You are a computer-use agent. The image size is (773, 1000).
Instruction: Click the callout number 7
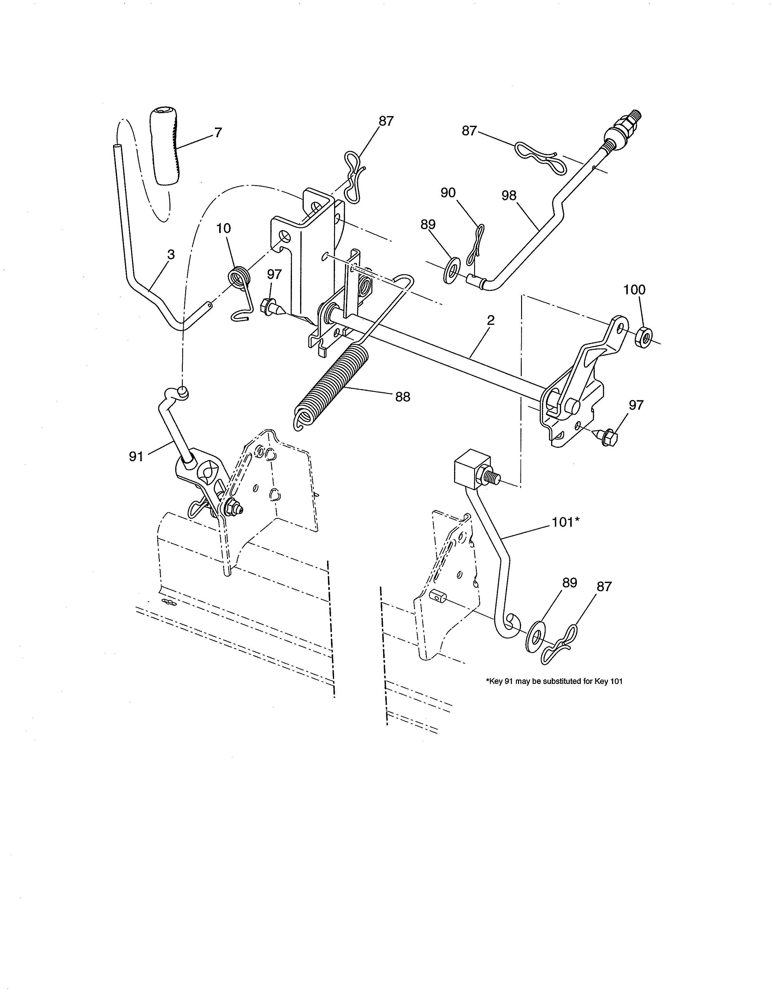218,132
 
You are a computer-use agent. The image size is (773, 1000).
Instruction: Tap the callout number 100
634,289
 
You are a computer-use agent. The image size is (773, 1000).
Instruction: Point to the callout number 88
403,397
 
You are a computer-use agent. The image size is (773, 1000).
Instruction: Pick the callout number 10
223,228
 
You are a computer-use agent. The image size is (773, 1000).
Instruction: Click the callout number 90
448,193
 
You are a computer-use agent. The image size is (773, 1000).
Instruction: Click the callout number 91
136,456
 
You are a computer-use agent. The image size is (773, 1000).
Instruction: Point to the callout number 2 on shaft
490,320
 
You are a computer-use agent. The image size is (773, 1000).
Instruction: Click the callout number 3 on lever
171,255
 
